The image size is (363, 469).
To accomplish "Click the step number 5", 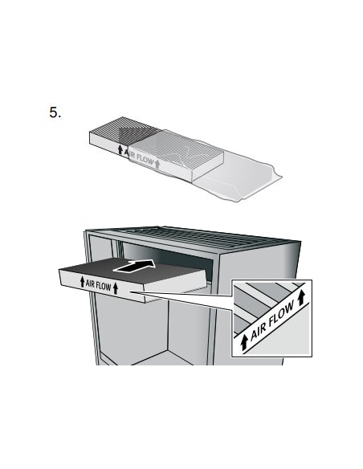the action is coord(55,112).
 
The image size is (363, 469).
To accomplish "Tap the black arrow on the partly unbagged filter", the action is coord(120,149).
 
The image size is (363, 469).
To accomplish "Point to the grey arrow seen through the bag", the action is coord(157,164).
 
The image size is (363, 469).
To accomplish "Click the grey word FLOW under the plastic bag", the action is coord(145,160).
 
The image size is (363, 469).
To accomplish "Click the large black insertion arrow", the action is coord(135,266).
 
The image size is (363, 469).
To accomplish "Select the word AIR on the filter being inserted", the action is coord(90,283).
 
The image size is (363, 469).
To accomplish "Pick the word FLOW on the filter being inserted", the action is coord(104,286).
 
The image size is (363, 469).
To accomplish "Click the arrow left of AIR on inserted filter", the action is coord(82,282).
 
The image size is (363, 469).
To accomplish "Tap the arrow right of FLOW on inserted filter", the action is coord(116,288).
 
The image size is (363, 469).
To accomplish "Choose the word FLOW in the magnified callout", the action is coord(281,314).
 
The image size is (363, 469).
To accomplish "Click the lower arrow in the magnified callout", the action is coord(244,342).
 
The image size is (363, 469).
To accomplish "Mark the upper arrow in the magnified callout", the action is coord(301,298).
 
